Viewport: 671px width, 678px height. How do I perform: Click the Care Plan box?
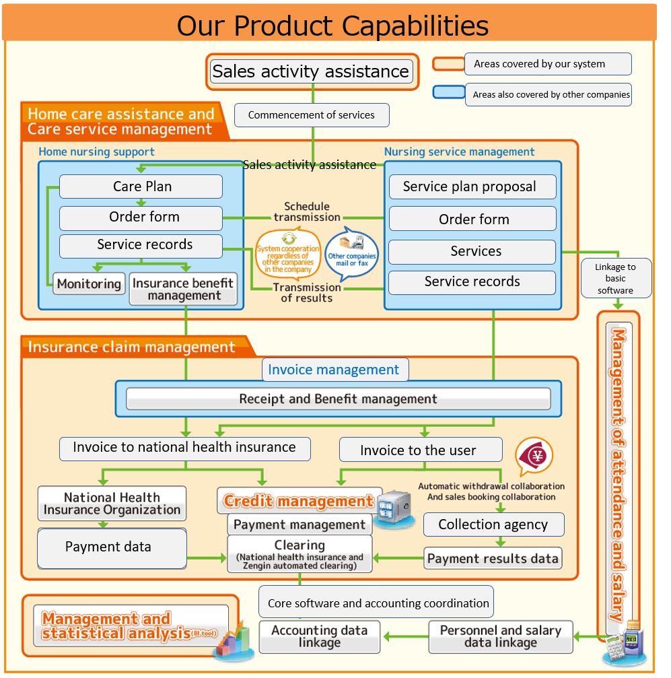click(141, 187)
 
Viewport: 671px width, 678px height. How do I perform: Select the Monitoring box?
click(89, 284)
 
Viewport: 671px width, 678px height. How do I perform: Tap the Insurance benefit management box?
click(184, 289)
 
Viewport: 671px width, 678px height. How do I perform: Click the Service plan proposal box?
click(472, 187)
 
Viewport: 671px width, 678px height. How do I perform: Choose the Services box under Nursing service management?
click(472, 251)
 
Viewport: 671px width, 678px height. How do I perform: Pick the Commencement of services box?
click(312, 115)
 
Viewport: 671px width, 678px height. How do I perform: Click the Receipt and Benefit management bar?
click(338, 399)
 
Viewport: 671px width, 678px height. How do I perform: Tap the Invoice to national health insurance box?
click(184, 448)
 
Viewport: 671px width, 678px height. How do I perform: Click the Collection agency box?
click(493, 524)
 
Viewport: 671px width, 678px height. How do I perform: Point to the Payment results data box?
click(493, 558)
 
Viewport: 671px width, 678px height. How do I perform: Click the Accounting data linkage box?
click(320, 636)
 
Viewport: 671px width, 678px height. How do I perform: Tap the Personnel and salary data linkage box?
click(501, 636)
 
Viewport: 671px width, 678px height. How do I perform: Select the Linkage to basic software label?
click(615, 278)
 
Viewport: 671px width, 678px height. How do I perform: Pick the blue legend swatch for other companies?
click(449, 92)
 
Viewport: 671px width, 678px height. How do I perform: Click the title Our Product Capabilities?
click(332, 26)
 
